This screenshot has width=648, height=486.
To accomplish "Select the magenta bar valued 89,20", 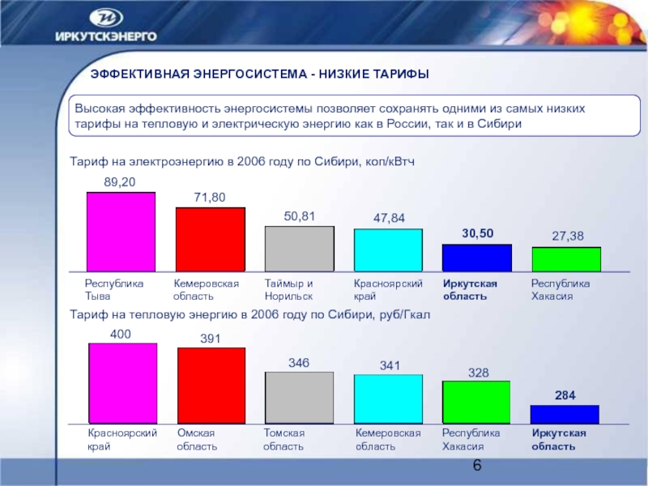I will pyautogui.click(x=121, y=232).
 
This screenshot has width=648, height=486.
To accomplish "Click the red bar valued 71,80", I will pyautogui.click(x=211, y=239).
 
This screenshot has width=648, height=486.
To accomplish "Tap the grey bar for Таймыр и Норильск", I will pyautogui.click(x=300, y=249).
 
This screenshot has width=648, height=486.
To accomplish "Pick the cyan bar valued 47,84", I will pyautogui.click(x=388, y=250).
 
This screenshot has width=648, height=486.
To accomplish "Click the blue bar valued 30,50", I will pyautogui.click(x=477, y=258).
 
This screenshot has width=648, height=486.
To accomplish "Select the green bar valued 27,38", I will pyautogui.click(x=566, y=259).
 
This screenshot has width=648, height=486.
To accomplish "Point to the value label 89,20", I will pyautogui.click(x=120, y=184).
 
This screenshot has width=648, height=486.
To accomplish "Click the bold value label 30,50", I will pyautogui.click(x=478, y=233).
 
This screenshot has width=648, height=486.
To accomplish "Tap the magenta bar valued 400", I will pyautogui.click(x=122, y=383).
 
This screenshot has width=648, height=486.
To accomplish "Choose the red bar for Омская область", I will pyautogui.click(x=211, y=386).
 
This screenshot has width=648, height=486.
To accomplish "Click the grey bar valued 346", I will pyautogui.click(x=300, y=398).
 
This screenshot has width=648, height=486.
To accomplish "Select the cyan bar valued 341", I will pyautogui.click(x=388, y=399).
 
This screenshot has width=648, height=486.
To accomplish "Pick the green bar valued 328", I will pyautogui.click(x=476, y=402).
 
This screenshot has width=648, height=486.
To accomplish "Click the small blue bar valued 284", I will pyautogui.click(x=565, y=414).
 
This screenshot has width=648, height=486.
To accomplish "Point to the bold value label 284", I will pyautogui.click(x=565, y=395).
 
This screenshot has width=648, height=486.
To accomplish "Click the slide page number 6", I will pyautogui.click(x=476, y=466).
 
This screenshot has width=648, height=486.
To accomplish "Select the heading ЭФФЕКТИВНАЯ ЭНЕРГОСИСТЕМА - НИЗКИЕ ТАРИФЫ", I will pyautogui.click(x=259, y=75).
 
